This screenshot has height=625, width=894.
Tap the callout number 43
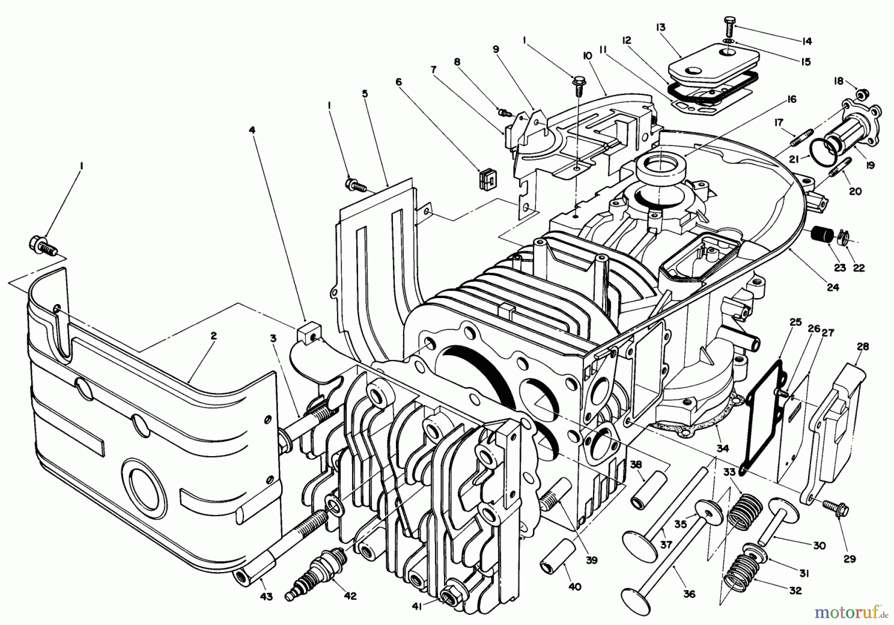pyautogui.click(x=266, y=597)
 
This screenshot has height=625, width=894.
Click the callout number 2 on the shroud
pyautogui.click(x=213, y=336)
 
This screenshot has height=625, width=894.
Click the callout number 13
pyautogui.click(x=661, y=27)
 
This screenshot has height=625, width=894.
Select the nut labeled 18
pyautogui.click(x=864, y=93)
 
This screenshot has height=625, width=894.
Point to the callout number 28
pyautogui.click(x=863, y=347)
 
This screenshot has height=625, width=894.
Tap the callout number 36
pyautogui.click(x=689, y=594)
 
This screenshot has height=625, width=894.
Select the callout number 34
pyautogui.click(x=723, y=449)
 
